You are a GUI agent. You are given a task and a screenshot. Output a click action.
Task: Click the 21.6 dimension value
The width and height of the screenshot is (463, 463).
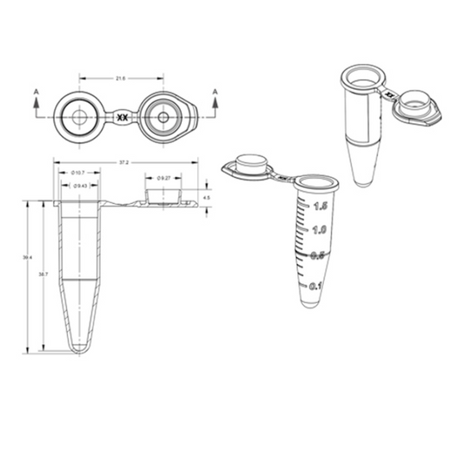pos(121,78)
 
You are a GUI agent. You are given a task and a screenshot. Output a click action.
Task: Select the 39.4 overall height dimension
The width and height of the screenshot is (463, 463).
pos(28,257)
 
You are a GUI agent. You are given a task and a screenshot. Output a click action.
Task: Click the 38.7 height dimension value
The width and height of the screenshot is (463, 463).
pos(43,274)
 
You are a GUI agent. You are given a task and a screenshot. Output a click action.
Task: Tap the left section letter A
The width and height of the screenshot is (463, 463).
pos(36,90)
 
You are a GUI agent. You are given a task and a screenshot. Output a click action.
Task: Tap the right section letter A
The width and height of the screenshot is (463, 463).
pos(213,90)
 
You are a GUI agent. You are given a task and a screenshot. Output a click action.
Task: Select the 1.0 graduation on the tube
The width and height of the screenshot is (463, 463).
pos(319,230)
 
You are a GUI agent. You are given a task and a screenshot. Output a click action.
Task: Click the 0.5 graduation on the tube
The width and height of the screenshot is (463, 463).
pos(318,255)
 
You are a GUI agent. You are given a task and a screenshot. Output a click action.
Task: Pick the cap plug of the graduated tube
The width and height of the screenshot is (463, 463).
pos(249,162)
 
